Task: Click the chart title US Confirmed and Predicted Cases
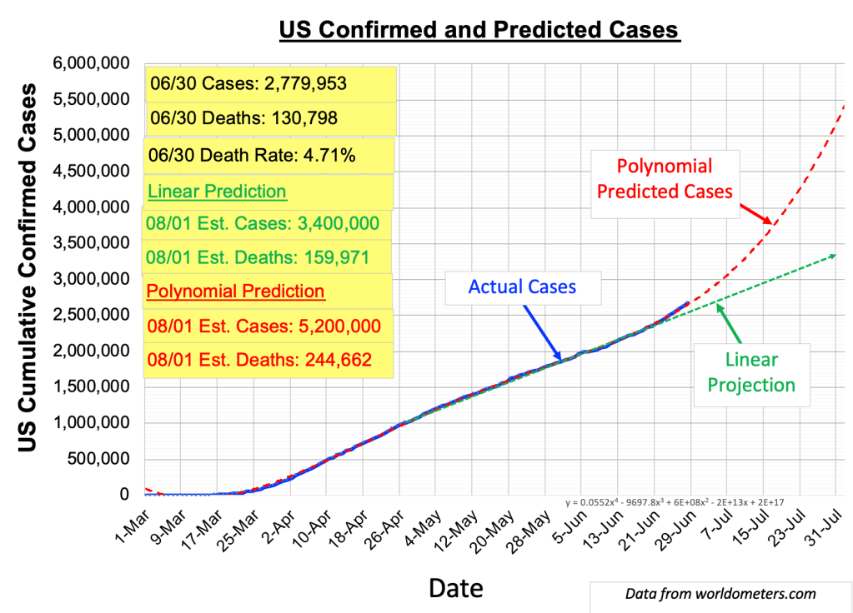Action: click(479, 31)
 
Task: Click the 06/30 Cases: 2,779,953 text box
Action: click(248, 83)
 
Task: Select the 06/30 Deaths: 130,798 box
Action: click(243, 118)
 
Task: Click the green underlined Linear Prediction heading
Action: click(217, 192)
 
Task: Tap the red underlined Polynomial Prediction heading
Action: click(235, 292)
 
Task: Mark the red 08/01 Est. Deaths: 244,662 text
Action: click(258, 360)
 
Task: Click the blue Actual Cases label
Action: click(522, 287)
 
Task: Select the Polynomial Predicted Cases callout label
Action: click(665, 178)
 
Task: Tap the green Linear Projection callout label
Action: click(751, 372)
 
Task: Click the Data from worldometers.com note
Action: click(720, 594)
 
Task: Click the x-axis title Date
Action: click(455, 588)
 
